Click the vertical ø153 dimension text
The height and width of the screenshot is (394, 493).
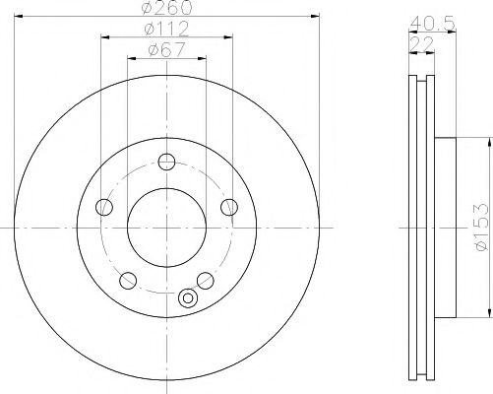point(479,229)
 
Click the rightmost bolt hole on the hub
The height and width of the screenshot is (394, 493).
point(229,206)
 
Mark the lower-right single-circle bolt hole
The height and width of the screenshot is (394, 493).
point(206,280)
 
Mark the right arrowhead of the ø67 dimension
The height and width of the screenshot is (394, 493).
point(204,58)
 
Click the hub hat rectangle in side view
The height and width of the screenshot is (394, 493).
point(444,228)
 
